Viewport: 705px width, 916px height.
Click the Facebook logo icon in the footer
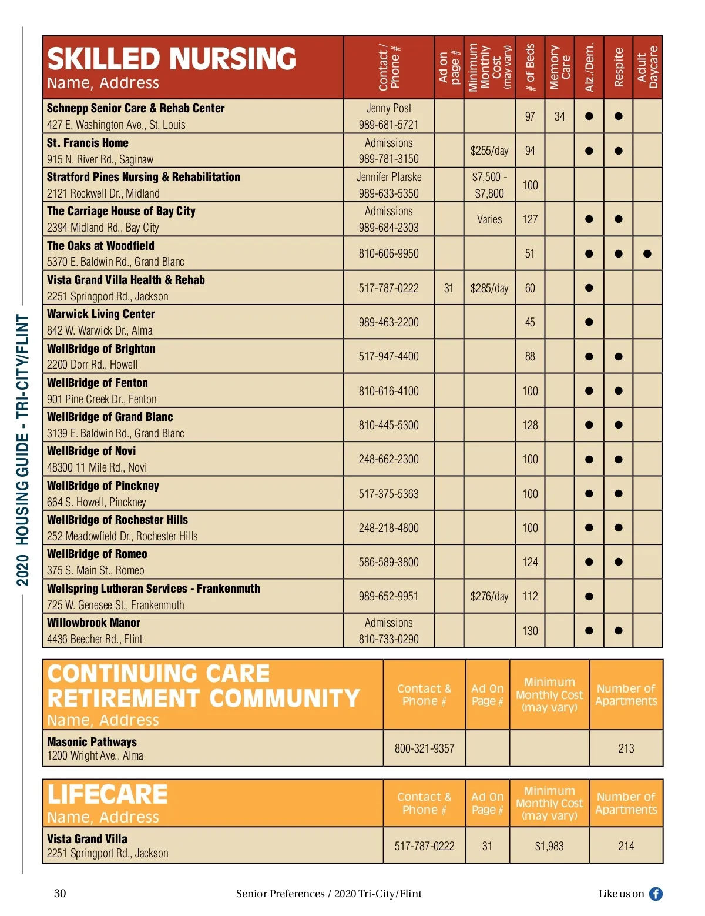tap(656, 894)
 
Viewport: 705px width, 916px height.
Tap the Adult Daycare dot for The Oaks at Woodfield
tap(647, 254)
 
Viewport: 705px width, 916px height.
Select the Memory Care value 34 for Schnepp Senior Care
tap(559, 116)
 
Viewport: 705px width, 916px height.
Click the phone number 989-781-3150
tap(388, 159)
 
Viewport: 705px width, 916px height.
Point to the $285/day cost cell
tap(489, 288)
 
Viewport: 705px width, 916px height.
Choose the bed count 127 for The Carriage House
tap(530, 219)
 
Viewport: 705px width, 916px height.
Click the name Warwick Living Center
tap(101, 314)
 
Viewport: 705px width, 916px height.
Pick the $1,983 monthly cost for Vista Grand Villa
tap(549, 846)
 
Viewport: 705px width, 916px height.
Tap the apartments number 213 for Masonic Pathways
tap(626, 748)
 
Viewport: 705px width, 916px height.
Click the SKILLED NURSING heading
tap(172, 59)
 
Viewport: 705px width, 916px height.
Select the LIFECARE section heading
tap(108, 794)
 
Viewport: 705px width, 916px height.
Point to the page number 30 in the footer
tap(60, 894)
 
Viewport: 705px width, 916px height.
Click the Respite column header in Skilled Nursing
tap(618, 67)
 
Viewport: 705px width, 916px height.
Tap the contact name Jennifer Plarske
tap(388, 177)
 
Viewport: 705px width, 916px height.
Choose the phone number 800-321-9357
tap(424, 748)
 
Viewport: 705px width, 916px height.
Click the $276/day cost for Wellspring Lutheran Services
tap(489, 596)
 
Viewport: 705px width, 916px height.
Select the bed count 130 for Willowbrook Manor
tap(530, 631)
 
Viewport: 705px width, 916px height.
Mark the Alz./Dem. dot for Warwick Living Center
tap(589, 322)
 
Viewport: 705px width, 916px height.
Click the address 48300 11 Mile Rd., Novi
tap(97, 467)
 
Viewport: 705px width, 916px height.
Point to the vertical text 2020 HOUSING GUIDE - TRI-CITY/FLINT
tap(22, 450)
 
